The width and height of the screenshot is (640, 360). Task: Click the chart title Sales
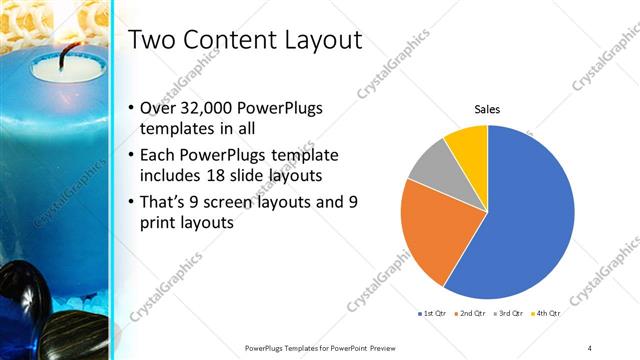coord(487,109)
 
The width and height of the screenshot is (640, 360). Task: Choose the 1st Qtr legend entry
coord(433,313)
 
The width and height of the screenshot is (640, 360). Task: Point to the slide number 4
coord(589,347)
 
